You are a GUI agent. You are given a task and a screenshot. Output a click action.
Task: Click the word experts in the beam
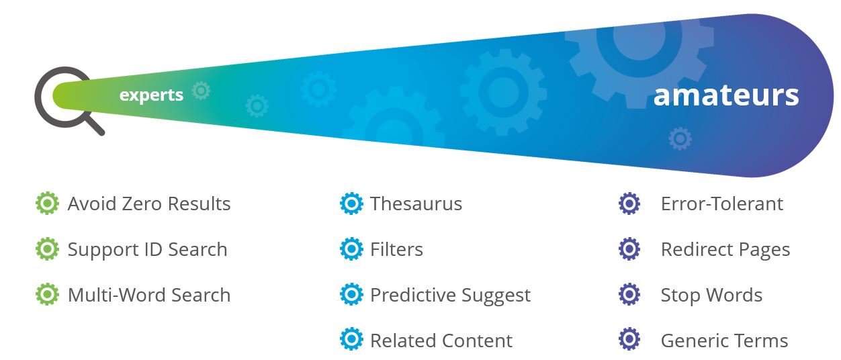click(151, 95)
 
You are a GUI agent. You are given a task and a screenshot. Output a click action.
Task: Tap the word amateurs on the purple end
click(726, 95)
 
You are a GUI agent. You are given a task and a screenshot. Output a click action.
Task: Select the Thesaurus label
click(416, 204)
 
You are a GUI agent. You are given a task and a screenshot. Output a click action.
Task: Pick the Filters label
click(396, 249)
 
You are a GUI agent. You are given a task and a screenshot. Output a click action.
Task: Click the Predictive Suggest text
click(450, 296)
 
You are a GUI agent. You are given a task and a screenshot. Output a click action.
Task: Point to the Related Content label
click(441, 341)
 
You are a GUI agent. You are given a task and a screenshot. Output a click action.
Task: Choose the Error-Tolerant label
click(721, 204)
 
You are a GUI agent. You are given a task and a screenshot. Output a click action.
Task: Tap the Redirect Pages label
click(725, 250)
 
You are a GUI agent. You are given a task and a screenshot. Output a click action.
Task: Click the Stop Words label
click(711, 295)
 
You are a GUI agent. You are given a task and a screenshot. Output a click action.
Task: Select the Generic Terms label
click(724, 341)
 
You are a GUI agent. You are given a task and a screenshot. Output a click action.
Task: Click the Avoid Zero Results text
click(149, 204)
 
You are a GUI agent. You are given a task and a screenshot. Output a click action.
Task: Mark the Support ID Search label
click(147, 250)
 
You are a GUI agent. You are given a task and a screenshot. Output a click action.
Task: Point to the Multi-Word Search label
click(149, 295)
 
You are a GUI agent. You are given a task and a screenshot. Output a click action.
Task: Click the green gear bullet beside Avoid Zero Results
click(47, 204)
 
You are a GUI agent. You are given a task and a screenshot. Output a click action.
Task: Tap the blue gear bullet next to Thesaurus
click(351, 204)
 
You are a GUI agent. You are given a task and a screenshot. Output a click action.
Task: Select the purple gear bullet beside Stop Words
click(629, 294)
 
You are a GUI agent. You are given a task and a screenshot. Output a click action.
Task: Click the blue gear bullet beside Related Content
click(351, 339)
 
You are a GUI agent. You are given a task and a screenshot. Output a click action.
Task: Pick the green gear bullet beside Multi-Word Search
click(47, 294)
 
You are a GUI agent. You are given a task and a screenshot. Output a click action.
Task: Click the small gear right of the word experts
click(201, 91)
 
